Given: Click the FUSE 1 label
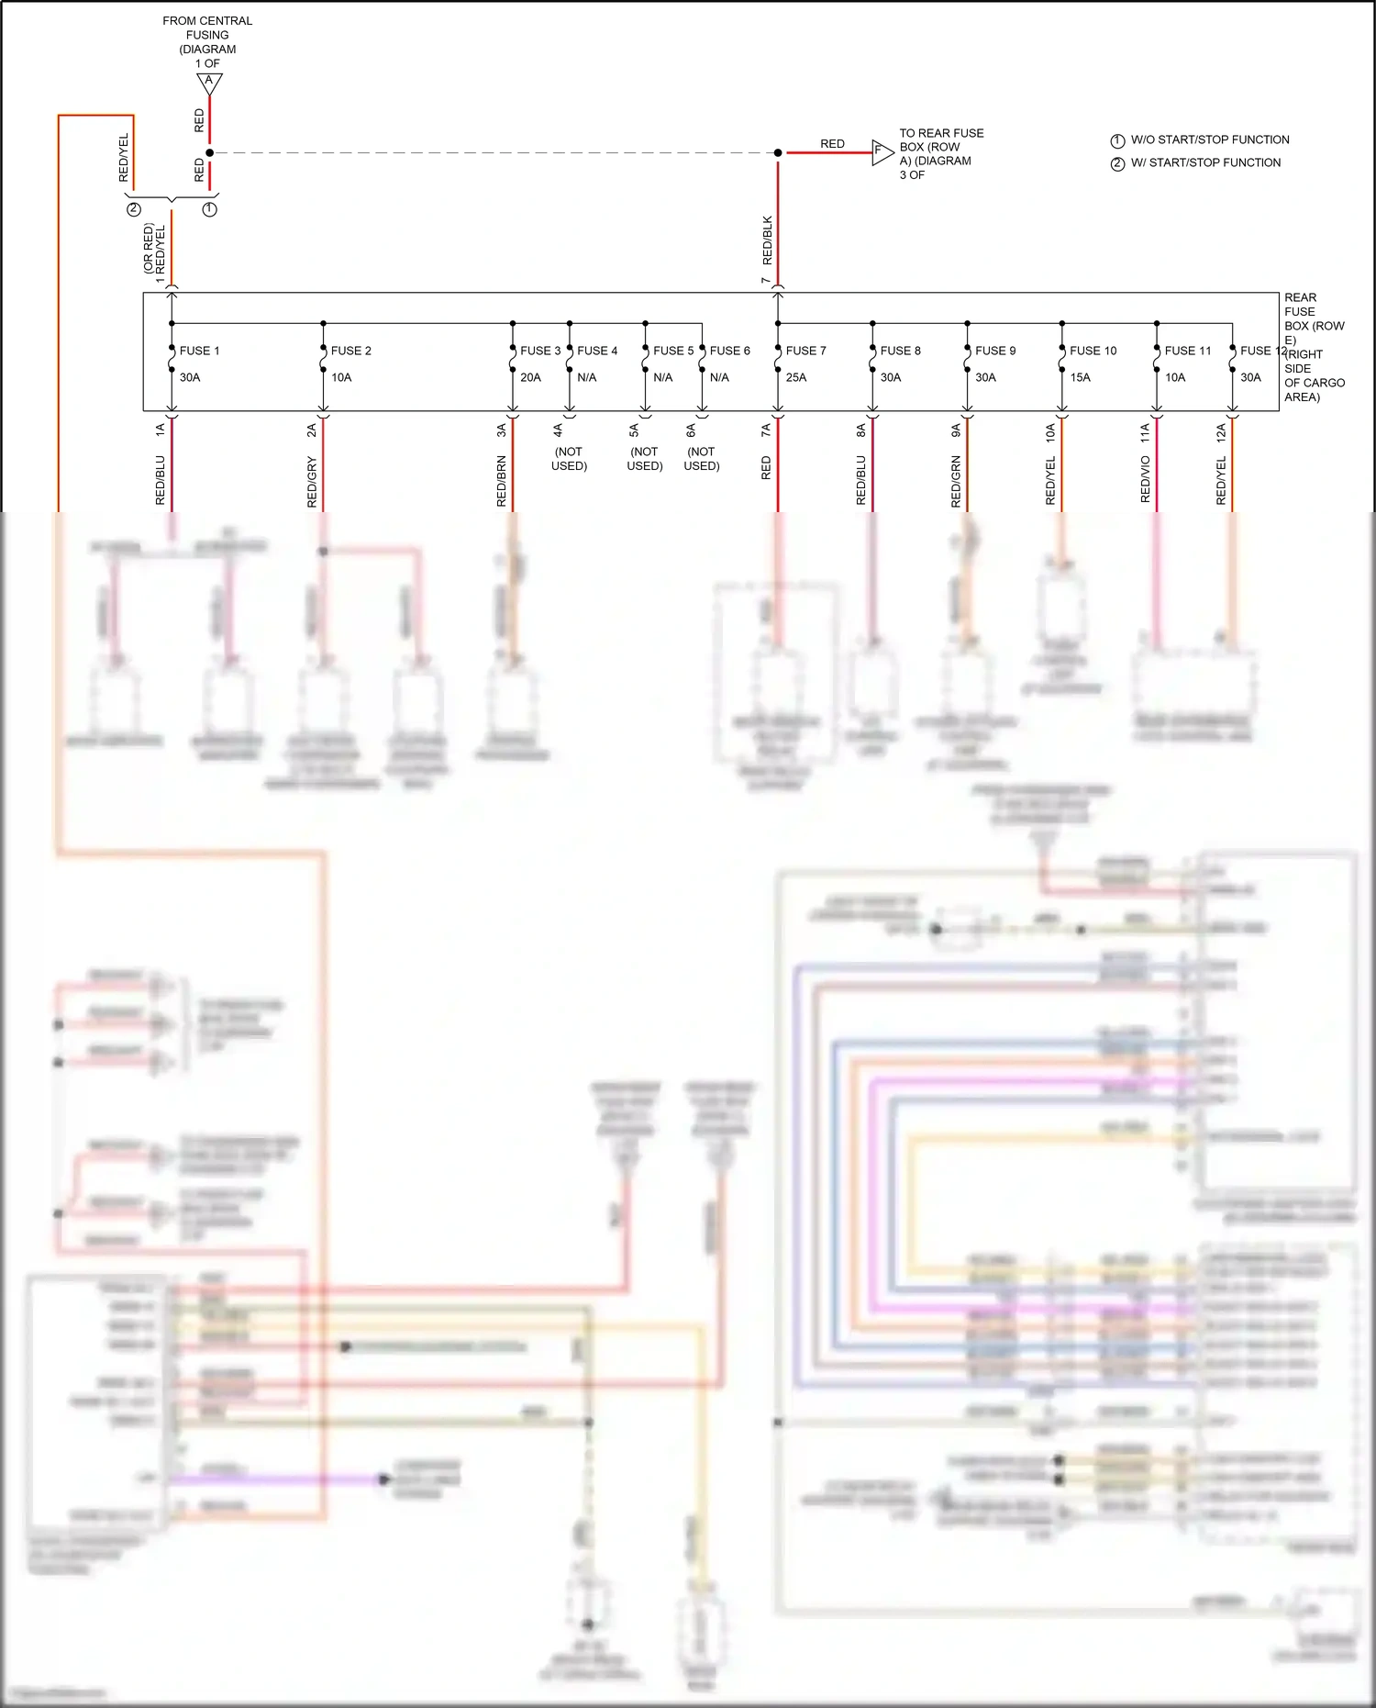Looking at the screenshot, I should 199,351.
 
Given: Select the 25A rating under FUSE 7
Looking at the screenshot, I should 796,377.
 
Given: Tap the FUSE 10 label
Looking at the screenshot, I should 1093,351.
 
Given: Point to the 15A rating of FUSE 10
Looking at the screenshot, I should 1080,377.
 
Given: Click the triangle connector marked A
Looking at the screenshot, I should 209,83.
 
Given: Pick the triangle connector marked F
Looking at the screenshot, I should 881,151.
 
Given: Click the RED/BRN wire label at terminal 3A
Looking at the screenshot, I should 502,481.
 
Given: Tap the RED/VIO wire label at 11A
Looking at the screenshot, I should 1146,479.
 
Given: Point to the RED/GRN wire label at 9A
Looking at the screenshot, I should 957,481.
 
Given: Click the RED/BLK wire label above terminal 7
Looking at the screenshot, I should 768,240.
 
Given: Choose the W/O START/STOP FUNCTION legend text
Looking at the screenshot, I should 1209,140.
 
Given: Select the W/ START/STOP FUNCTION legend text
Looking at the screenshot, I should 1205,162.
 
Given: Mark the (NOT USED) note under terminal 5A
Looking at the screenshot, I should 645,459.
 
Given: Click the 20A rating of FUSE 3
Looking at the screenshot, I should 530,377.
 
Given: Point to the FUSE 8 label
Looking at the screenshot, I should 900,351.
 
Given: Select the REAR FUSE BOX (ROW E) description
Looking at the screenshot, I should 1314,347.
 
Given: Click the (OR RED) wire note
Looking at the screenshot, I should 149,249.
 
